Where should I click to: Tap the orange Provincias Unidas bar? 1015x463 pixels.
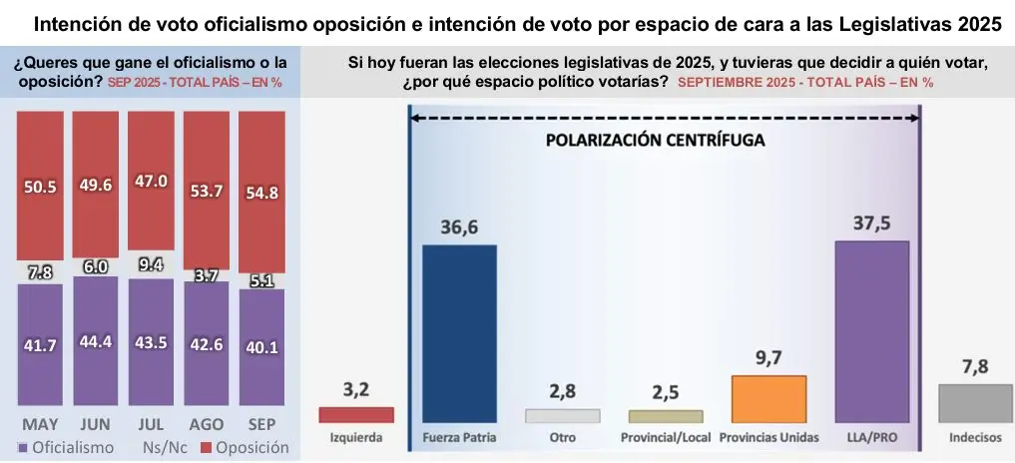point(768,399)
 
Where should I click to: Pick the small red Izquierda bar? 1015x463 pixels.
point(356,415)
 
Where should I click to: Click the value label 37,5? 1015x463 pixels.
point(871,224)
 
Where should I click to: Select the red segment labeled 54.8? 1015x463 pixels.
point(261,192)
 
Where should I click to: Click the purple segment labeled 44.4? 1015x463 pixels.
point(96,340)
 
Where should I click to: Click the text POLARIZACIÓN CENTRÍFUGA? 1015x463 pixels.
point(655,141)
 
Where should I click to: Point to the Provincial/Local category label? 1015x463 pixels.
point(666,438)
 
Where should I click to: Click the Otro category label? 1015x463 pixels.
point(563,438)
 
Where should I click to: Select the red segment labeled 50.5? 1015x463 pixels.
point(41,186)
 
